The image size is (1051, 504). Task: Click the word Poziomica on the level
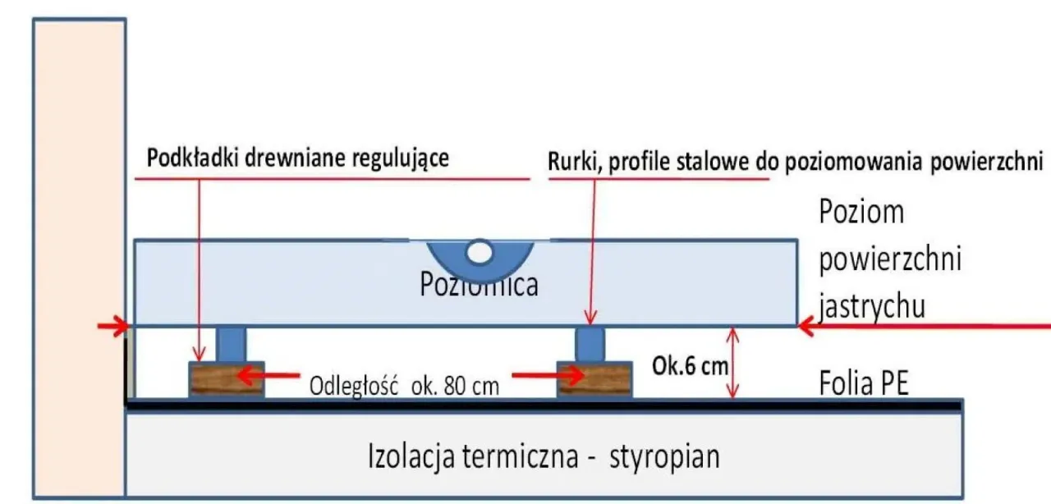tap(479, 285)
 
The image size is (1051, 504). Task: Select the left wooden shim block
tap(227, 379)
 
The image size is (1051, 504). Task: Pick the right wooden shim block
tap(594, 379)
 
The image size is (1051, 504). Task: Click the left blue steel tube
tap(231, 342)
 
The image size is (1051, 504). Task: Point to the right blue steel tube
tap(589, 342)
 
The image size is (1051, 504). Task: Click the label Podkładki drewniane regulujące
tap(297, 158)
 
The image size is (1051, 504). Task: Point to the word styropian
tap(664, 456)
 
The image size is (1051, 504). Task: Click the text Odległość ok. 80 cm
tap(403, 385)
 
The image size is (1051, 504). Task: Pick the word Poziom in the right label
tap(861, 213)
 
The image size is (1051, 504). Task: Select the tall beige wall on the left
tap(79, 246)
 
